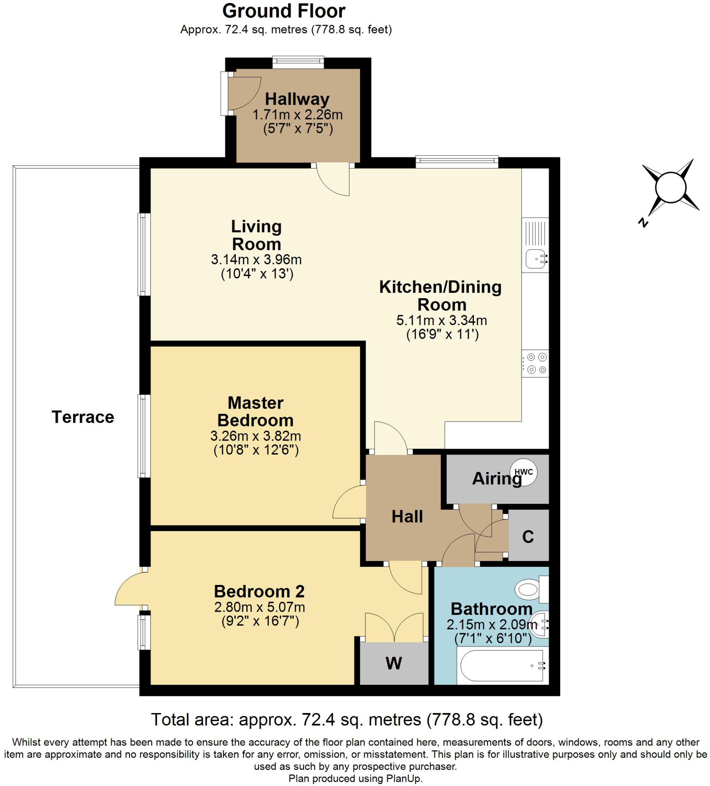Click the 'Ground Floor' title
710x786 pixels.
coord(284,11)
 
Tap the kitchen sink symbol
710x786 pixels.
coord(536,259)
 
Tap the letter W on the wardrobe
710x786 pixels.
coord(394,663)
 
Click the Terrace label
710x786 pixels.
coord(83,417)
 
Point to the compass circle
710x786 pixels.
coord(670,188)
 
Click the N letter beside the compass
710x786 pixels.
coord(643,223)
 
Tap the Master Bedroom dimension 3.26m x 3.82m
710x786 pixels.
coord(255,436)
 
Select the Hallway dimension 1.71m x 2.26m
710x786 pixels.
coord(297,115)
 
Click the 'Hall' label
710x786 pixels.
coord(407,517)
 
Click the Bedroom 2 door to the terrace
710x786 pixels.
coord(128,588)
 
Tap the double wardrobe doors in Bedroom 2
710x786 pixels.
coord(394,627)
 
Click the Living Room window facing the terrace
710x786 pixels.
coord(144,254)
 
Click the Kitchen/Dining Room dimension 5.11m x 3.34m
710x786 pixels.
coord(442,320)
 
